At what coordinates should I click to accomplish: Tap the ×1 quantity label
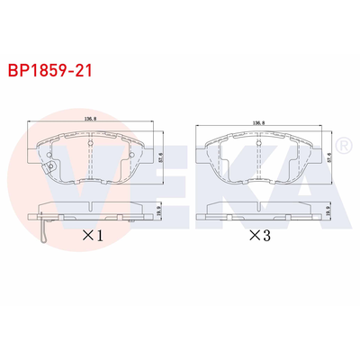click(x=93, y=237)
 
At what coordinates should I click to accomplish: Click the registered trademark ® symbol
click(x=342, y=144)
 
